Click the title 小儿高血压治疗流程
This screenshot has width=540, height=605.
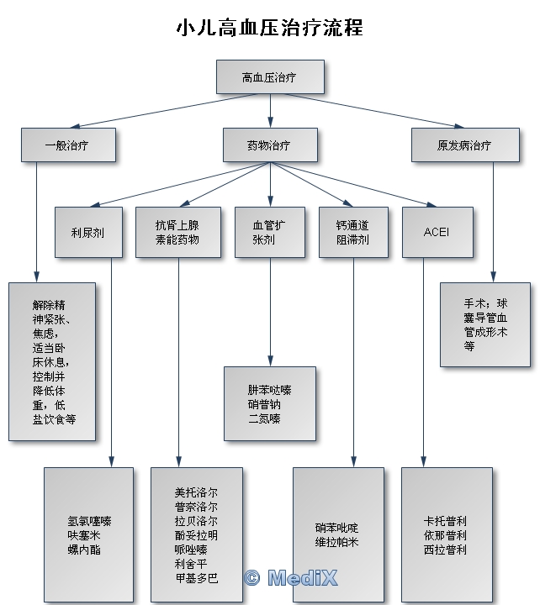point(269,27)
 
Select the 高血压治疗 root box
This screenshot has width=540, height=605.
point(269,77)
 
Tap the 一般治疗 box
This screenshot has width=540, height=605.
point(67,145)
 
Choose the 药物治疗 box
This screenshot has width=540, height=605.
point(269,145)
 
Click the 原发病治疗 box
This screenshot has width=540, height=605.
point(464,145)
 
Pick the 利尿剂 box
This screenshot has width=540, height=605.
point(87,232)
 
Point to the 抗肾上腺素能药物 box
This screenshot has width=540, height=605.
point(177,232)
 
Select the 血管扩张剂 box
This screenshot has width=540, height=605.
point(269,232)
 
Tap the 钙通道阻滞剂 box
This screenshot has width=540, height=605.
point(352,232)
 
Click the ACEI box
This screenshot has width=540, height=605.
point(437,232)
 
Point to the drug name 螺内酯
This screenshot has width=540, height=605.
point(84,550)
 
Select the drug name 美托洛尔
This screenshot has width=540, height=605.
point(196,492)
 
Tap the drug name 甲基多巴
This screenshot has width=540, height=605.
point(196,578)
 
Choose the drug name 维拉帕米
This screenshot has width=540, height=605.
point(337,542)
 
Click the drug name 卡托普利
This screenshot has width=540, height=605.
point(445,521)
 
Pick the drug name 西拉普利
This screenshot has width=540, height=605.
point(445,550)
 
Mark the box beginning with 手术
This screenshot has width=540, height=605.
point(485,324)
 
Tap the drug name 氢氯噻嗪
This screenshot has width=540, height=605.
point(90,521)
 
